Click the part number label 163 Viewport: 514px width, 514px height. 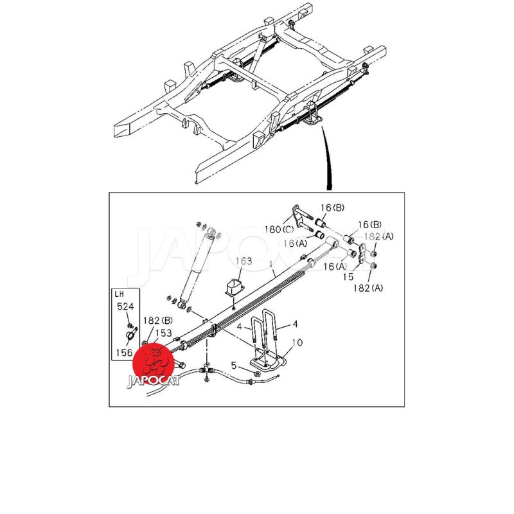click(x=244, y=261)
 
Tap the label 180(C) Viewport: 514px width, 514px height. click(x=279, y=229)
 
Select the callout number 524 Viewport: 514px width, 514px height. click(x=125, y=306)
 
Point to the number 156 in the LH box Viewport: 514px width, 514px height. click(x=124, y=353)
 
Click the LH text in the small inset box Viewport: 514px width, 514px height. click(x=119, y=294)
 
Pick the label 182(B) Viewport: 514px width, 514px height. click(x=157, y=320)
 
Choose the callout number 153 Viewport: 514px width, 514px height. click(x=163, y=333)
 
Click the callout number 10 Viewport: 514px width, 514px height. click(x=297, y=343)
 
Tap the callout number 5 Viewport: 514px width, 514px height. click(x=234, y=365)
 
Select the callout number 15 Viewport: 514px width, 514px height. click(x=348, y=277)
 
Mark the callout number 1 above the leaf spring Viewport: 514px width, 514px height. click(x=270, y=264)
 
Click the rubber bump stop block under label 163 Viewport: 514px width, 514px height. click(x=235, y=287)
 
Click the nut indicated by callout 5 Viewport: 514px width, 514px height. click(x=258, y=374)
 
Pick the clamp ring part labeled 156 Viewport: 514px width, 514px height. click(x=131, y=335)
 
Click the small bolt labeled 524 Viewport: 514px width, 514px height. click(x=130, y=326)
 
